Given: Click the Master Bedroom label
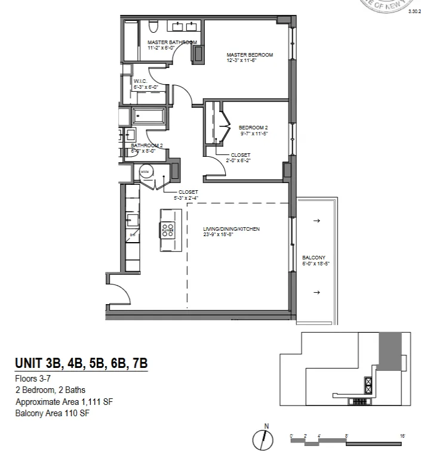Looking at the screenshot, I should coord(250,55).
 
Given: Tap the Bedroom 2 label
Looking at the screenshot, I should coord(253,128).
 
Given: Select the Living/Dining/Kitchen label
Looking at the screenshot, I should coord(232,229).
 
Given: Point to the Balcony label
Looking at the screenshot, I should coord(312,257).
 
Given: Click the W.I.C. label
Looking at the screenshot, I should coord(140,81).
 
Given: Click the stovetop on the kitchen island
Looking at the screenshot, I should coord(167,230).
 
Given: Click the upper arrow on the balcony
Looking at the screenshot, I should coord(316,221).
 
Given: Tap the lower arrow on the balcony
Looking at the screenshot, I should coord(316,292).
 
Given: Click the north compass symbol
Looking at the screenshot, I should coord(263,439).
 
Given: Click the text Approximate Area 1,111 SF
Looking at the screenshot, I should coord(64,401).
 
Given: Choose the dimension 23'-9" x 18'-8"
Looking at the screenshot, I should coord(223,234).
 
